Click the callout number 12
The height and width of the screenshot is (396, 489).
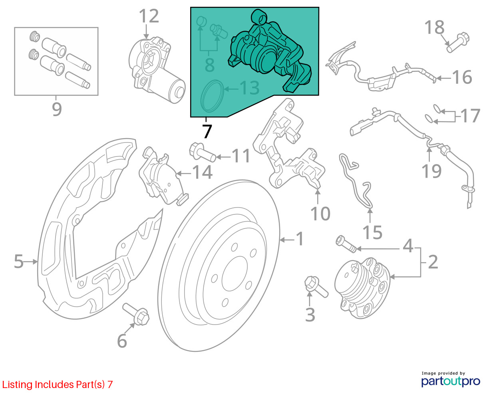click(x=149, y=16)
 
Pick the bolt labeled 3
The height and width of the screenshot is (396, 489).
click(x=316, y=287)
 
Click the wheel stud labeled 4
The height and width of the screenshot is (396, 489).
click(x=346, y=244)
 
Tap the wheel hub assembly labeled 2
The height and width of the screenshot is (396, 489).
click(x=362, y=285)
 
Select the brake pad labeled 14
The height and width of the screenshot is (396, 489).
click(x=160, y=176)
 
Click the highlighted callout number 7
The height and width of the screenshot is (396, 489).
click(x=207, y=131)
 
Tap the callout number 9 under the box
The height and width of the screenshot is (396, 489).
click(x=56, y=108)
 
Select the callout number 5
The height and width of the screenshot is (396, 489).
click(x=19, y=261)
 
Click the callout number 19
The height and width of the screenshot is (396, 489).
click(x=432, y=170)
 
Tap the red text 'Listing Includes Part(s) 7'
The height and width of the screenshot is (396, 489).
click(x=58, y=384)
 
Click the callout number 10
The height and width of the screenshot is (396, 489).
click(x=320, y=214)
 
